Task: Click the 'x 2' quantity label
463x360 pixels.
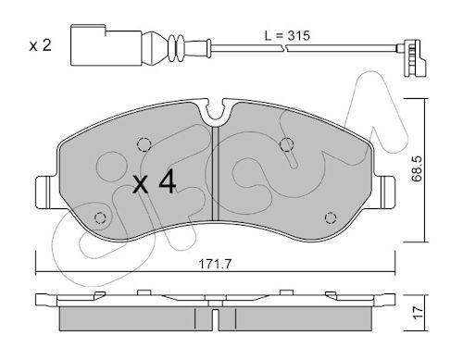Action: click(x=40, y=45)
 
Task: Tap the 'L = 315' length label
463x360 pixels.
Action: click(x=287, y=36)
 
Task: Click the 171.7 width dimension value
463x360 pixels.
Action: click(x=215, y=264)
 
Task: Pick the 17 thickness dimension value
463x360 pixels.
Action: click(x=418, y=313)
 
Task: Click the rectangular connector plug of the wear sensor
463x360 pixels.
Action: click(x=106, y=45)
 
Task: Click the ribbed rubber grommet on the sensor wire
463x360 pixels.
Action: click(x=176, y=48)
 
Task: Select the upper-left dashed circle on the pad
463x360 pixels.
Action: click(x=144, y=144)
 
